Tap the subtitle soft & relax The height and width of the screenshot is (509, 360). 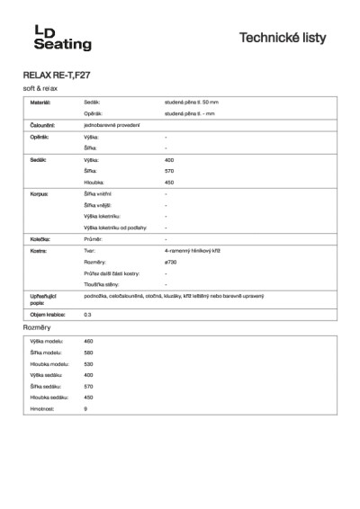(x=40, y=90)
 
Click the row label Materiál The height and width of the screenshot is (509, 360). (x=41, y=104)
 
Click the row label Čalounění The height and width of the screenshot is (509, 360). (x=44, y=125)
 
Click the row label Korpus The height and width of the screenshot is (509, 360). (x=40, y=193)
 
